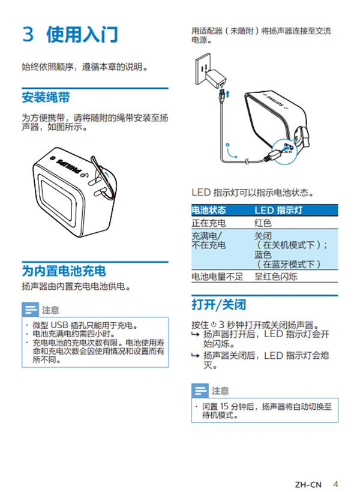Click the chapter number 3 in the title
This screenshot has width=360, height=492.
(28, 34)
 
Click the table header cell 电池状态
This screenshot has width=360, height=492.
(209, 211)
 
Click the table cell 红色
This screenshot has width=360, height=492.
(263, 223)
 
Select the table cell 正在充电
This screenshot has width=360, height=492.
(208, 223)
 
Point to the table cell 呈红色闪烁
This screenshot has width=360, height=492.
(277, 277)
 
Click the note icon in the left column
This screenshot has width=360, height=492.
(30, 310)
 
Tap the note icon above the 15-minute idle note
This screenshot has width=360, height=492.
(200, 391)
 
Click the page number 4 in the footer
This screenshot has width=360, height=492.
(335, 467)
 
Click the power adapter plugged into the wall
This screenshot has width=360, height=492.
(217, 79)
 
